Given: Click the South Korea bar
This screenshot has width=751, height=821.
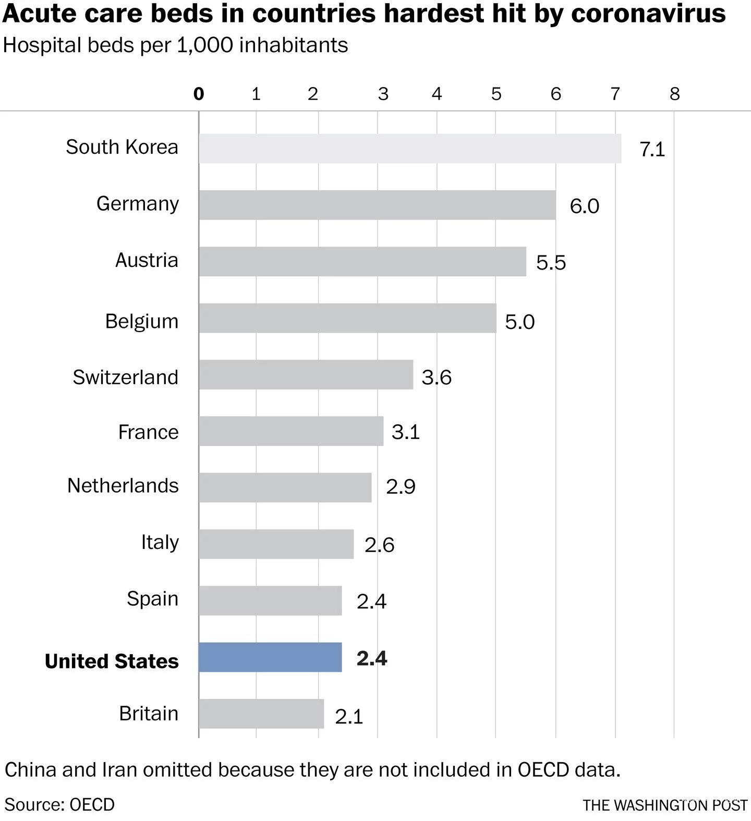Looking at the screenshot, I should (x=410, y=149).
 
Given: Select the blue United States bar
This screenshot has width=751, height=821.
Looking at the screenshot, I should (x=270, y=657).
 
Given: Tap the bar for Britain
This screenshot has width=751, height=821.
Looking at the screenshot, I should (x=261, y=714).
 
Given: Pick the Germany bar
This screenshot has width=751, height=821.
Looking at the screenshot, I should (x=377, y=205).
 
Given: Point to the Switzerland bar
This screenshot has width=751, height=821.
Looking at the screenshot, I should (x=306, y=374).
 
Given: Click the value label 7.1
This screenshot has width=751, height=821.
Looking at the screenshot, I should (x=652, y=150).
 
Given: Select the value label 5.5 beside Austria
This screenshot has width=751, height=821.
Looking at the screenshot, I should (x=551, y=262).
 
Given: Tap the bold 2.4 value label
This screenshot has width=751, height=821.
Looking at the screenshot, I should (x=372, y=658).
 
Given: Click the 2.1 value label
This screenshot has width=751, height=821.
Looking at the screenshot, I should (x=349, y=717).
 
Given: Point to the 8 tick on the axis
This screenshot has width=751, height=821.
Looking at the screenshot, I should (x=675, y=94).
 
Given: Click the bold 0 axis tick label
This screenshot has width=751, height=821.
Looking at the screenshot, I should (x=199, y=94).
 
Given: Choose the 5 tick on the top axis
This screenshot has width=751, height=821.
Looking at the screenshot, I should (x=496, y=94).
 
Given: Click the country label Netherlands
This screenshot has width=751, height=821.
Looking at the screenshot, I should (x=123, y=486).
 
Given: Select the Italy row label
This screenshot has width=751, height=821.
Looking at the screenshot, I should (x=160, y=543).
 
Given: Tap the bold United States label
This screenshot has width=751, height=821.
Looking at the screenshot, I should (x=112, y=661).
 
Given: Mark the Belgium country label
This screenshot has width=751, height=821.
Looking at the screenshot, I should (x=142, y=321).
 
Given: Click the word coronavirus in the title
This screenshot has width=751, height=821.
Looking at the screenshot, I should (x=648, y=14).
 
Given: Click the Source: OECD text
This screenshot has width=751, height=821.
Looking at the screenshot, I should (x=59, y=804).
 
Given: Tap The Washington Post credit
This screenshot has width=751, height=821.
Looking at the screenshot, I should (x=665, y=805).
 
